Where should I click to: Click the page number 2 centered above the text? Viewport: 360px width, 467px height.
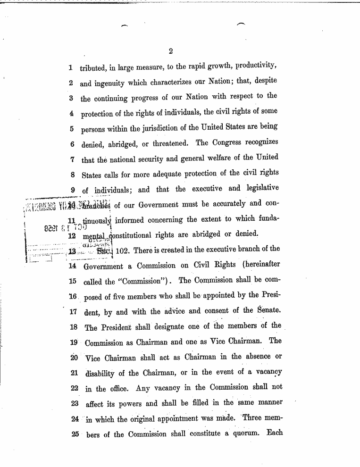click(x=171, y=51)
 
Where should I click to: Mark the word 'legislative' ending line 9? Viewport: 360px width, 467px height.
click(x=260, y=189)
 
